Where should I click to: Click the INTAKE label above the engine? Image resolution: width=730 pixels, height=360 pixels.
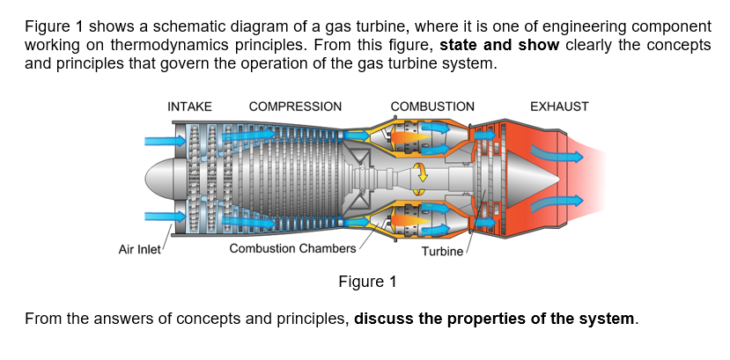189,107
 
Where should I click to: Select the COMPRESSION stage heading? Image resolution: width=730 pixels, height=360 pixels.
295,107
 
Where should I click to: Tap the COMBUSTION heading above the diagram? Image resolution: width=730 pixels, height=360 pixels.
431,107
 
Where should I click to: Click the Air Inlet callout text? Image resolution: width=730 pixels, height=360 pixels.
139,249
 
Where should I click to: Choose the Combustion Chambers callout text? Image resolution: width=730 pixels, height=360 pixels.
292,249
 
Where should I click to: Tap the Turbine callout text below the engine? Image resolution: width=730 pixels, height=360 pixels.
442,253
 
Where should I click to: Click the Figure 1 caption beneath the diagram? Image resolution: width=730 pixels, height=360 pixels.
367,282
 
